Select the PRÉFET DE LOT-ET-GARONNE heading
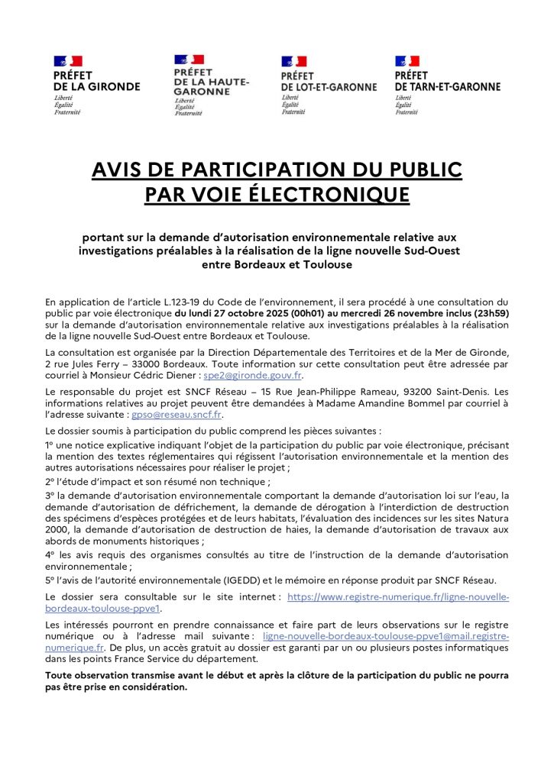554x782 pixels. [x=329, y=82]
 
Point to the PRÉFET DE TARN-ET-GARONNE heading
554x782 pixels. [x=447, y=82]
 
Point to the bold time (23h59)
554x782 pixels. [x=488, y=313]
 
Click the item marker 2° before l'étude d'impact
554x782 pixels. [x=50, y=482]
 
